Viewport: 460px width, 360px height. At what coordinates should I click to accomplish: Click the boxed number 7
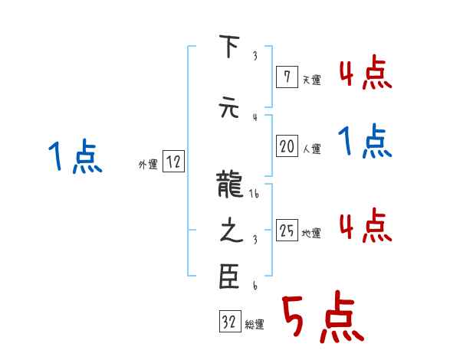click(x=286, y=77)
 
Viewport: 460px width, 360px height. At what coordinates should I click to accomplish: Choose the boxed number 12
click(x=173, y=162)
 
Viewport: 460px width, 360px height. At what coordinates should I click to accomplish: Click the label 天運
click(x=311, y=79)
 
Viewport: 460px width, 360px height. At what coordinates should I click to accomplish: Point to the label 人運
click(x=311, y=149)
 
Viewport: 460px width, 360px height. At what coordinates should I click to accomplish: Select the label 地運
click(x=311, y=234)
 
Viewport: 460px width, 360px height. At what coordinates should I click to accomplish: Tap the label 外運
click(x=148, y=165)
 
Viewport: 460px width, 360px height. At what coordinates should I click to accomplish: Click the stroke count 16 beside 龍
click(x=254, y=195)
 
